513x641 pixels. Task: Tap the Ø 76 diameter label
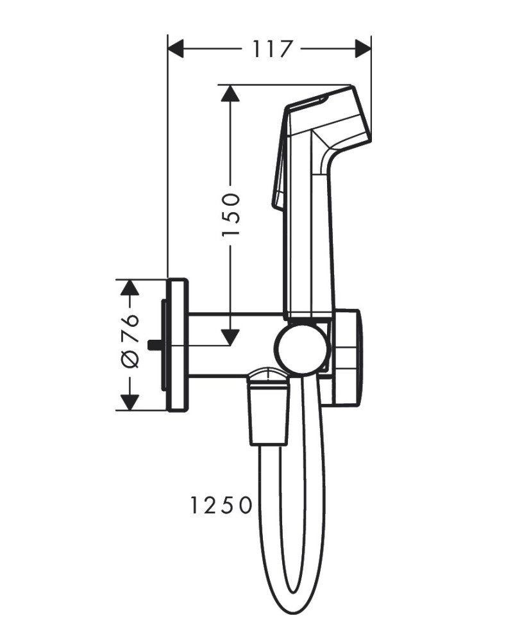pyautogui.click(x=130, y=340)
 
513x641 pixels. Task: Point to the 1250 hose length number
pyautogui.click(x=221, y=506)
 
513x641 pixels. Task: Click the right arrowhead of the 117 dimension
pyautogui.click(x=364, y=49)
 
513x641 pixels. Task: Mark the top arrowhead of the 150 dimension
pyautogui.click(x=230, y=94)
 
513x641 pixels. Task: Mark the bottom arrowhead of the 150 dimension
pyautogui.click(x=230, y=337)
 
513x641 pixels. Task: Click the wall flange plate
pyautogui.click(x=178, y=345)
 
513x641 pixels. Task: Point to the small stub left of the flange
pyautogui.click(x=154, y=345)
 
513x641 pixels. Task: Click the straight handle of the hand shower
pyautogui.click(x=309, y=244)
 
